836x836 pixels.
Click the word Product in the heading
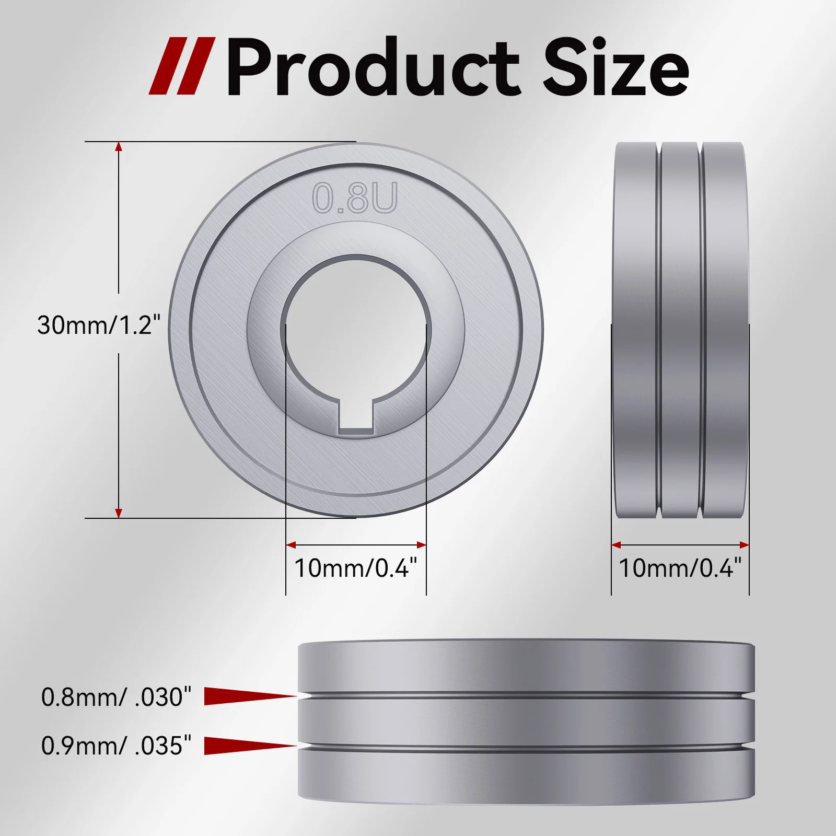pyautogui.click(x=372, y=68)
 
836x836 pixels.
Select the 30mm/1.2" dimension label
pyautogui.click(x=99, y=325)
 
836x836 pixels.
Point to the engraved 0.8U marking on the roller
pyautogui.click(x=355, y=198)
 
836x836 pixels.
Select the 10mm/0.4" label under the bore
pyautogui.click(x=356, y=568)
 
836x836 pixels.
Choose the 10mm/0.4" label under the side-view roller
pyautogui.click(x=680, y=568)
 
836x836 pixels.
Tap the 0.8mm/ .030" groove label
pyautogui.click(x=116, y=697)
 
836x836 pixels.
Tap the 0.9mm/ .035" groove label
pyautogui.click(x=116, y=746)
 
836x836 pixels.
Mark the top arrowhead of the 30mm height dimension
pyautogui.click(x=119, y=147)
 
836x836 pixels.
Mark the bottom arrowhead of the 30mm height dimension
pyautogui.click(x=119, y=513)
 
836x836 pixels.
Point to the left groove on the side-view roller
pyautogui.click(x=659, y=330)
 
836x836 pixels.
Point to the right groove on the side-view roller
pyautogui.click(x=700, y=330)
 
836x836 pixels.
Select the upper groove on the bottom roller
pyautogui.click(x=526, y=696)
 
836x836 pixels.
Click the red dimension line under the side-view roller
pyautogui.click(x=680, y=545)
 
